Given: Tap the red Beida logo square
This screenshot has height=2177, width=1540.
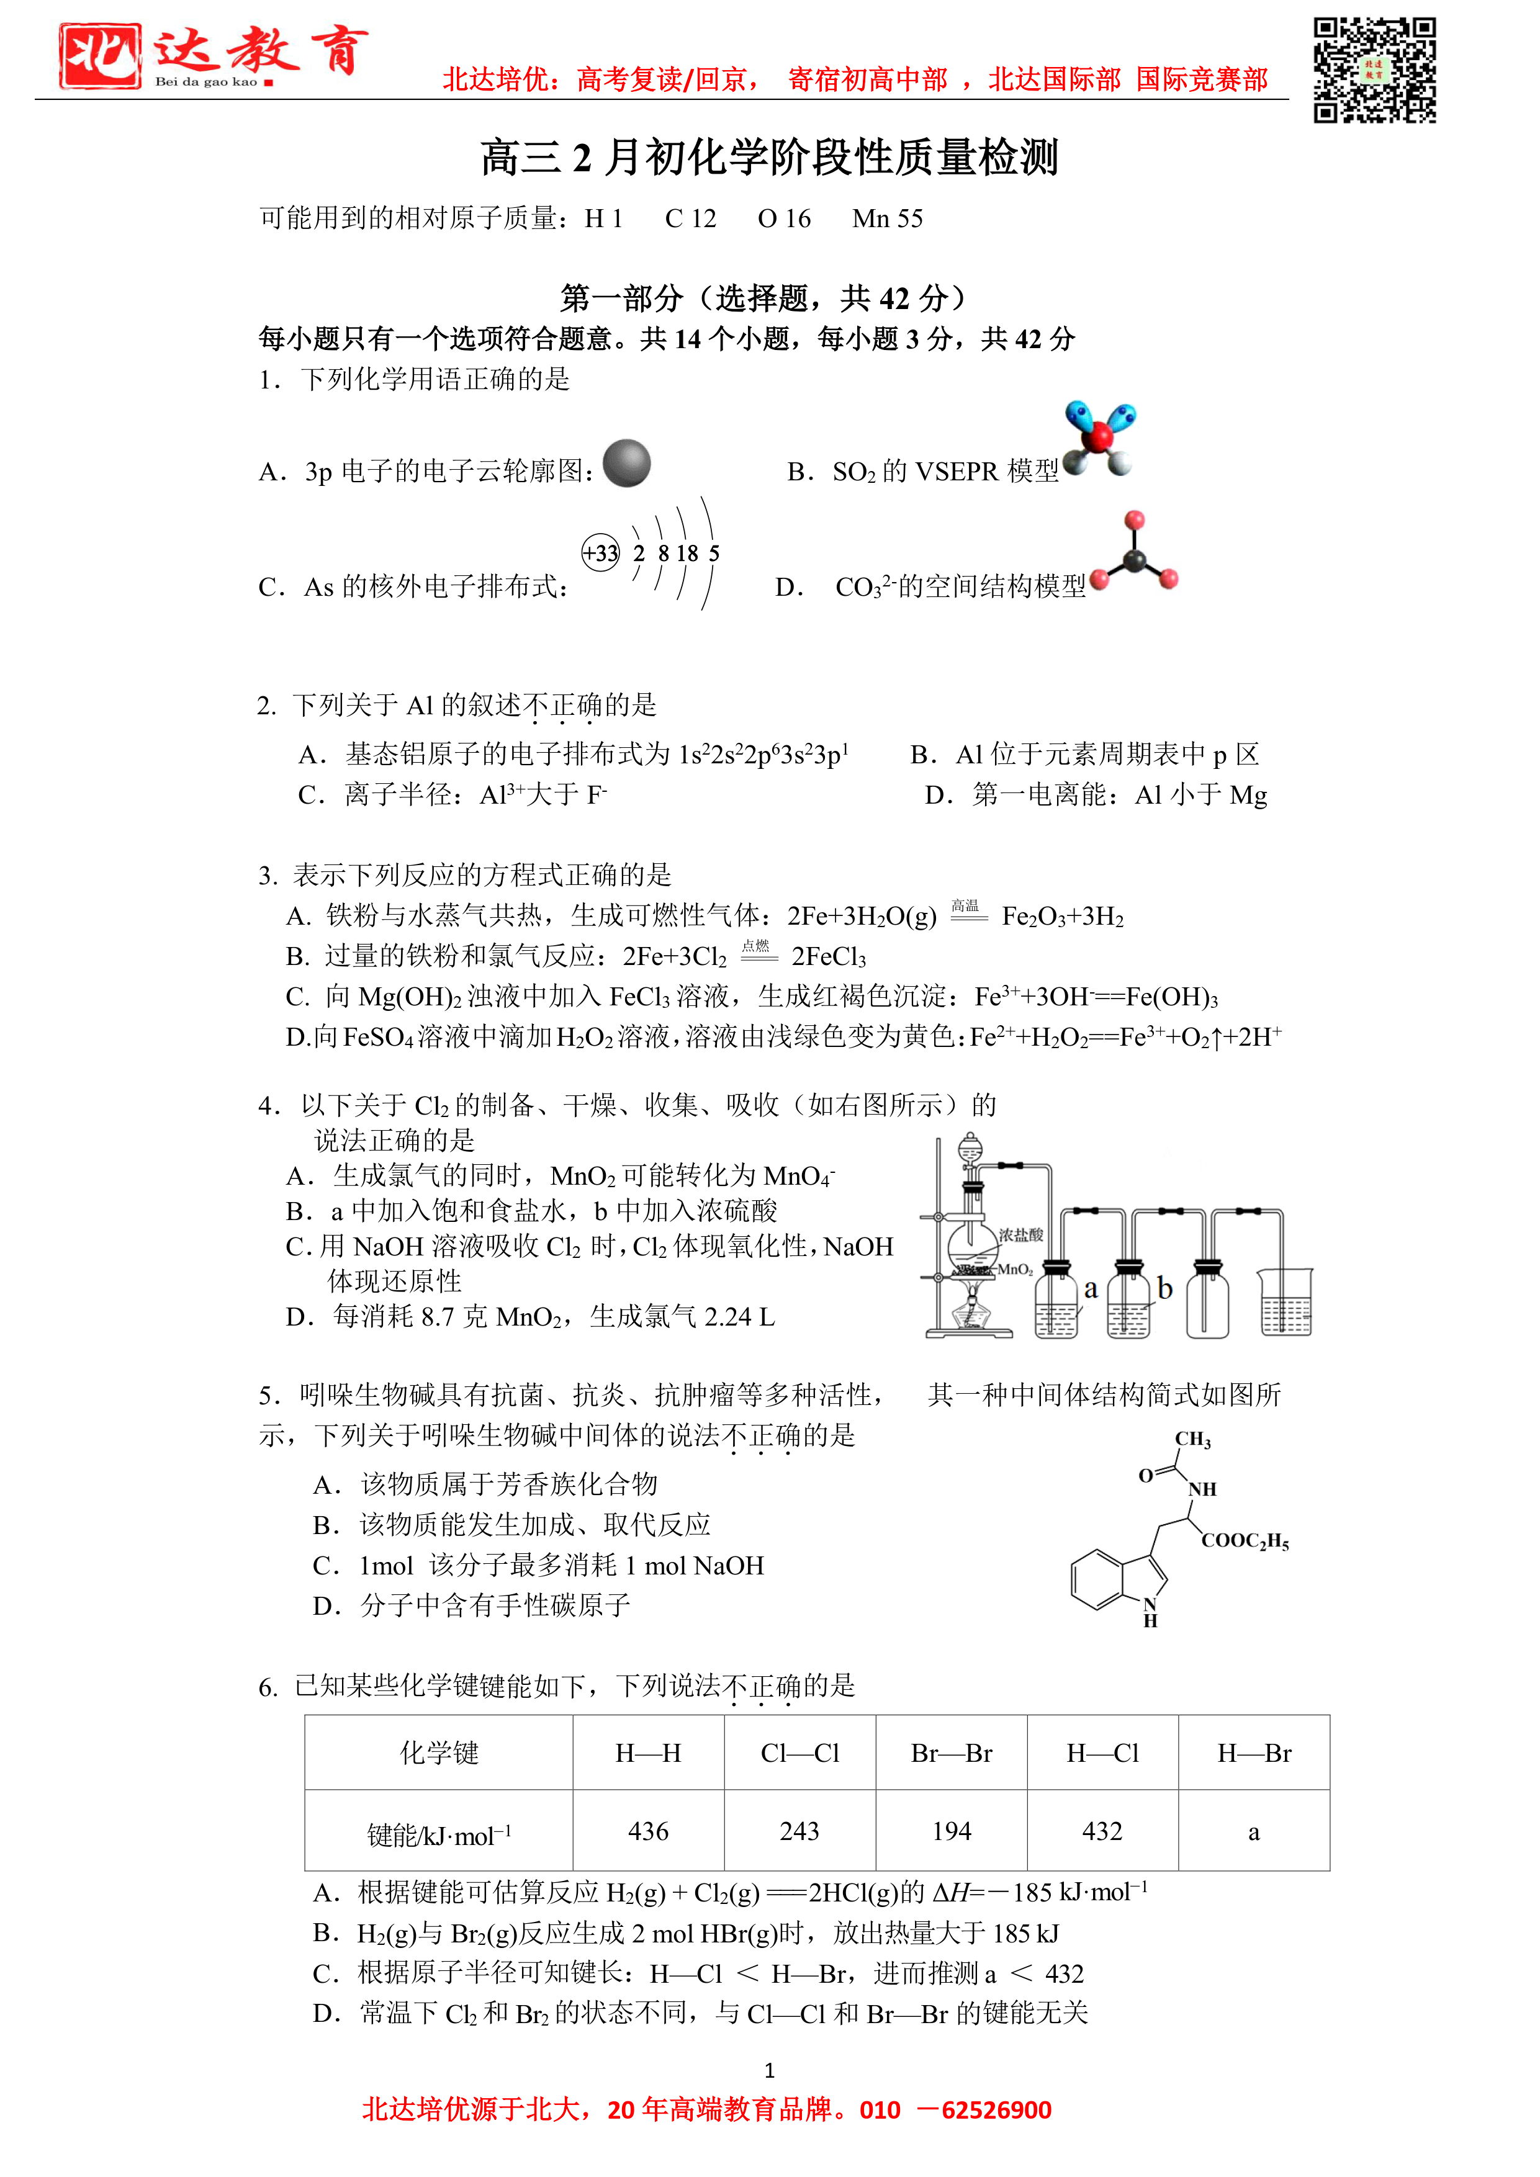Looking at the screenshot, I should [99, 56].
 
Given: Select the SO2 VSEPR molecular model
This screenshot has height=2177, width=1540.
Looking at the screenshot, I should [1099, 438].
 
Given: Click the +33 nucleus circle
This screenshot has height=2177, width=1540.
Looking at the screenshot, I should [600, 553].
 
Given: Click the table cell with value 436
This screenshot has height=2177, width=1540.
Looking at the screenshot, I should [649, 1831].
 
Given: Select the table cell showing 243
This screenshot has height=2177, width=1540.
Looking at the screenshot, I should [799, 1831].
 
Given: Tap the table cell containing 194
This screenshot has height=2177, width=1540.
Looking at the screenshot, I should [951, 1831].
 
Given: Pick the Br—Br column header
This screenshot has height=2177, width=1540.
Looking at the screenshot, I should [951, 1753].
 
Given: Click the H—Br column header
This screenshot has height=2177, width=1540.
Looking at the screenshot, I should [1254, 1753].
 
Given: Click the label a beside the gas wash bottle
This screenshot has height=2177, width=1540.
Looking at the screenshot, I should [1091, 1288].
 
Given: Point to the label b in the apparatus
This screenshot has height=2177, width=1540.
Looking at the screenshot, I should [1164, 1288].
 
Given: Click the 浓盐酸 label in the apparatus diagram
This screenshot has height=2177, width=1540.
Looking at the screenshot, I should [1020, 1234].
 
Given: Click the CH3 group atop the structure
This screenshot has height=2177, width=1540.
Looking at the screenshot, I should [1193, 1439].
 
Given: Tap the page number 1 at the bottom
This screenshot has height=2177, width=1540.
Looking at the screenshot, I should [769, 2070].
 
